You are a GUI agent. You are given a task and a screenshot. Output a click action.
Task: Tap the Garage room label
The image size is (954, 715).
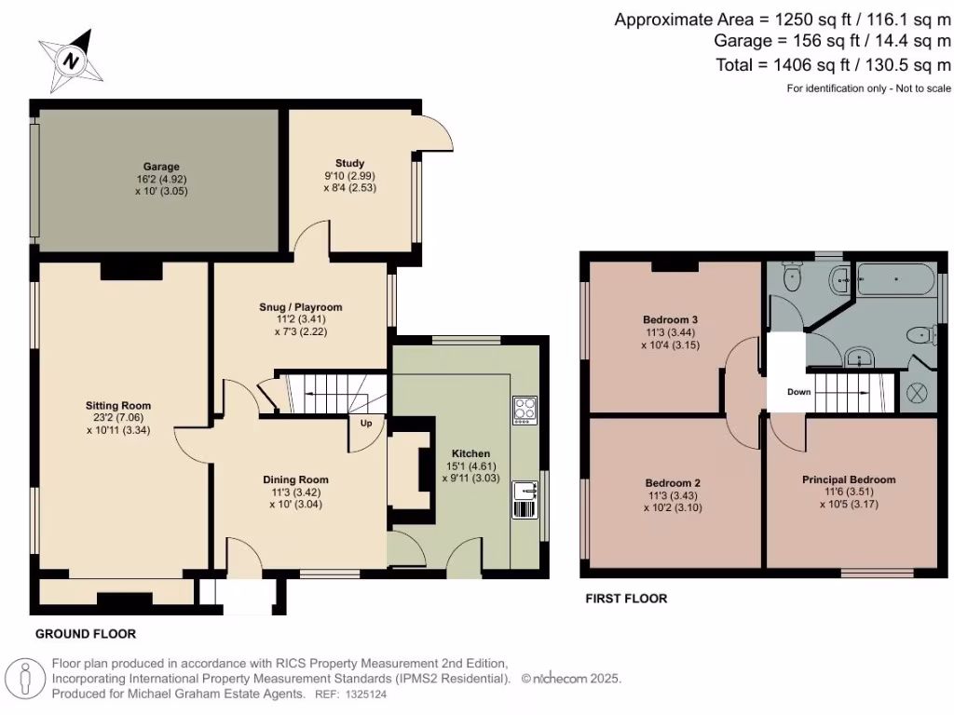pyautogui.click(x=161, y=167)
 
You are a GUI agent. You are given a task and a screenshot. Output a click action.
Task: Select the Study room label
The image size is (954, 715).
pyautogui.click(x=350, y=163)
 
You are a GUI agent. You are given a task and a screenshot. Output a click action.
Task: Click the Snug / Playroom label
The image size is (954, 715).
pyautogui.click(x=301, y=306)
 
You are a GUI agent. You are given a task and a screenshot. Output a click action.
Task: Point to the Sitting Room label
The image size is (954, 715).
pyautogui.click(x=118, y=405)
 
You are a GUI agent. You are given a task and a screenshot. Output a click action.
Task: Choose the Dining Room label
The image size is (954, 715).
pyautogui.click(x=300, y=479)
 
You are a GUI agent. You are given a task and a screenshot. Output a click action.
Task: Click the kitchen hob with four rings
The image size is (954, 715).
pyautogui.click(x=525, y=410)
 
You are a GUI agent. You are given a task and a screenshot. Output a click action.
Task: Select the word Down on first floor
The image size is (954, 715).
pyautogui.click(x=798, y=392)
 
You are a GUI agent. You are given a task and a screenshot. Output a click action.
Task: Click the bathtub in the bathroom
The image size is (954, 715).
pyautogui.click(x=898, y=278)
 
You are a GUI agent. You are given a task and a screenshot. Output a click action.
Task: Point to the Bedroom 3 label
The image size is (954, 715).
pyautogui.click(x=671, y=319)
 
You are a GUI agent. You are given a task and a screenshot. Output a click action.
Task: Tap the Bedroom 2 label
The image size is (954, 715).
pyautogui.click(x=673, y=483)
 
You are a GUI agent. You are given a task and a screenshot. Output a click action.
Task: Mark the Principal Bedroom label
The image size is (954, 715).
pyautogui.click(x=849, y=479)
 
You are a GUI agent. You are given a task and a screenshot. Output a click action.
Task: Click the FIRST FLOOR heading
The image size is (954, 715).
pyautogui.click(x=626, y=599)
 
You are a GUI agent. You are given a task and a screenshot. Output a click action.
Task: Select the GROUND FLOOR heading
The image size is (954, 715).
pyautogui.click(x=86, y=634)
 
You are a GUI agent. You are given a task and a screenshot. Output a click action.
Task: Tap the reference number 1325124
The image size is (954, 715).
pyautogui.click(x=366, y=694)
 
